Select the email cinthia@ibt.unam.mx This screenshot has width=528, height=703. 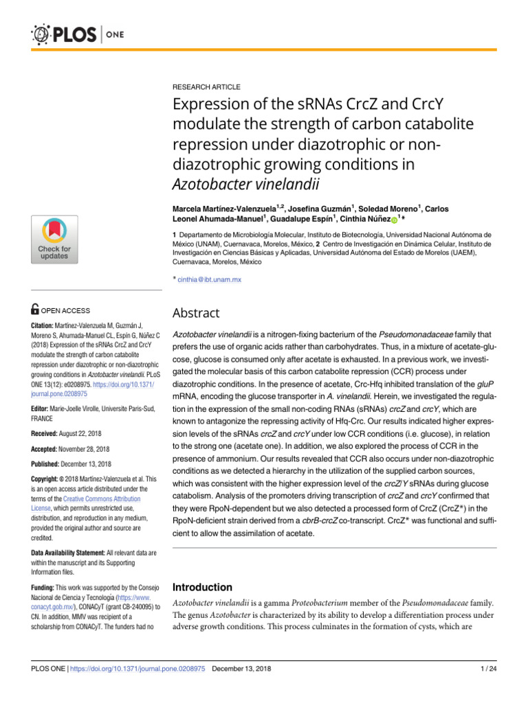click(x=209, y=279)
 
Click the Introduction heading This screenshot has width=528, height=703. click(x=202, y=587)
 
